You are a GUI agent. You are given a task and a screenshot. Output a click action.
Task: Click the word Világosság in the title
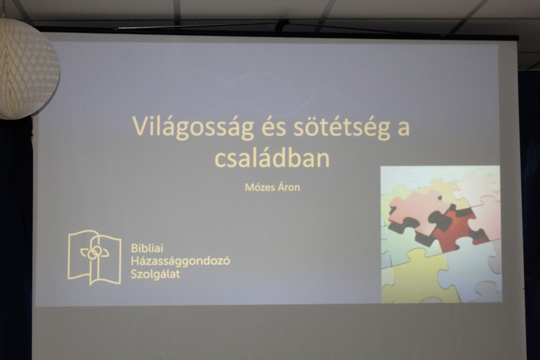click(193, 128)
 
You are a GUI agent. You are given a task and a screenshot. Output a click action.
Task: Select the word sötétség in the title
click(342, 128)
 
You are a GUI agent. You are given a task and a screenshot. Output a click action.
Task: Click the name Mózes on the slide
click(260, 188)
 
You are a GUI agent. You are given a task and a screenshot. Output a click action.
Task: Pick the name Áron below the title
click(289, 187)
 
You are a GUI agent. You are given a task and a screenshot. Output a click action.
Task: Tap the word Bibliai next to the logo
click(147, 248)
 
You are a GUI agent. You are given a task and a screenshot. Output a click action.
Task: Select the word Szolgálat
click(155, 275)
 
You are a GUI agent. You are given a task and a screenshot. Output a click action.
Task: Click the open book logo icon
click(94, 257)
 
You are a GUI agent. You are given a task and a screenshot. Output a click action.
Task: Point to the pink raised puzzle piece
click(418, 212)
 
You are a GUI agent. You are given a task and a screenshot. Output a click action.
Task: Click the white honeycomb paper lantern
click(28, 69)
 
